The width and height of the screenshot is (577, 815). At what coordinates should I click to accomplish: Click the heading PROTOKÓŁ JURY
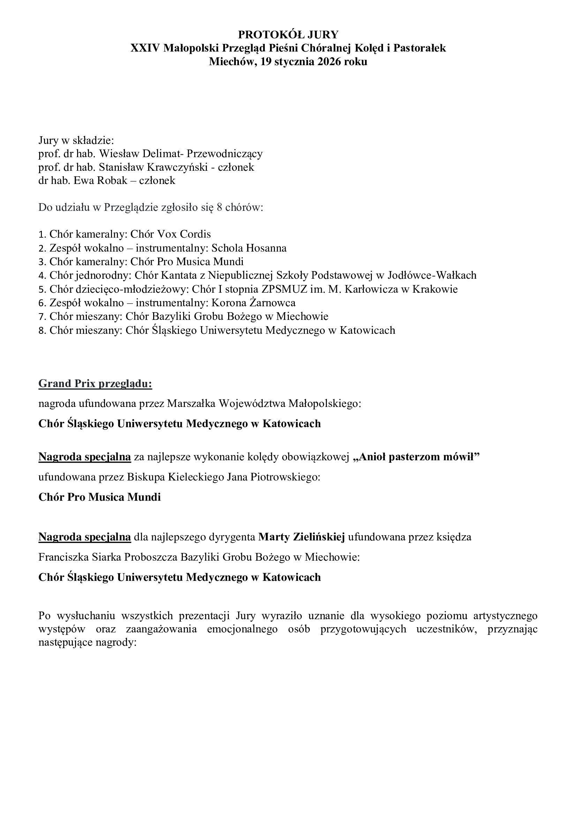[288, 34]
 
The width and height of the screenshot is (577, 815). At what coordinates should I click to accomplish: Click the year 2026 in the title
[329, 62]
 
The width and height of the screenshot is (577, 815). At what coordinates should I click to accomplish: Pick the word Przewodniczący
[225, 154]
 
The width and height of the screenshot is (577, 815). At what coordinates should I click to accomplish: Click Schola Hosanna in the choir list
[249, 248]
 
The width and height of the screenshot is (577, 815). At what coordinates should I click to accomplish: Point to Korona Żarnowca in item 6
[254, 303]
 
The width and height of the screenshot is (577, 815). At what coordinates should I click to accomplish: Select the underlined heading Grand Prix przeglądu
[95, 384]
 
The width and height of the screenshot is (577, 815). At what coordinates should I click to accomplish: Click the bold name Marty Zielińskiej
[302, 537]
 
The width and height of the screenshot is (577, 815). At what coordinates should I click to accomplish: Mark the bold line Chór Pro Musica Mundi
[99, 497]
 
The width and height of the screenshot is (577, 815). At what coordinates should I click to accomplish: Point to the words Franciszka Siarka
[80, 557]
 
